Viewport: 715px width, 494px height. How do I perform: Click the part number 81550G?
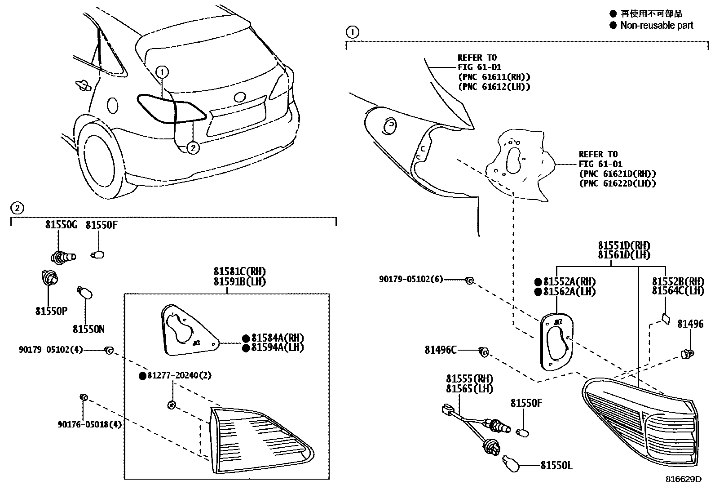(61, 225)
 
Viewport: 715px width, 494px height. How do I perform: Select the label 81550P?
(51, 311)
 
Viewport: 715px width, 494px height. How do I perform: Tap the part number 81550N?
(88, 329)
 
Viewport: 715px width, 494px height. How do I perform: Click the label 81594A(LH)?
(277, 348)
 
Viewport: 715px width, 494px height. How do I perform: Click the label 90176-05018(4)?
(89, 424)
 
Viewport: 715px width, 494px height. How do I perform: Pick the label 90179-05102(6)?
(410, 279)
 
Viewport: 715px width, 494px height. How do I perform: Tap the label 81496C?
(441, 350)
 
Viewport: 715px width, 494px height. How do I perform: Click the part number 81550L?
(556, 466)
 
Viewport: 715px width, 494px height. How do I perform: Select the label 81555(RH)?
(469, 379)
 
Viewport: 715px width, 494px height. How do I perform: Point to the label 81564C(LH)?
(678, 291)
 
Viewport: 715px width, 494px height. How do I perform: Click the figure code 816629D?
(683, 479)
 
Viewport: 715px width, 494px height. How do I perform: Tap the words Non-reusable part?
(657, 26)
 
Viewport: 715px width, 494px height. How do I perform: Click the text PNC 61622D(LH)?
(618, 183)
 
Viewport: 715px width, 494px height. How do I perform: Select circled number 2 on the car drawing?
(193, 147)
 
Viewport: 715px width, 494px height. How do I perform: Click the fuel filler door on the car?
(113, 105)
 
